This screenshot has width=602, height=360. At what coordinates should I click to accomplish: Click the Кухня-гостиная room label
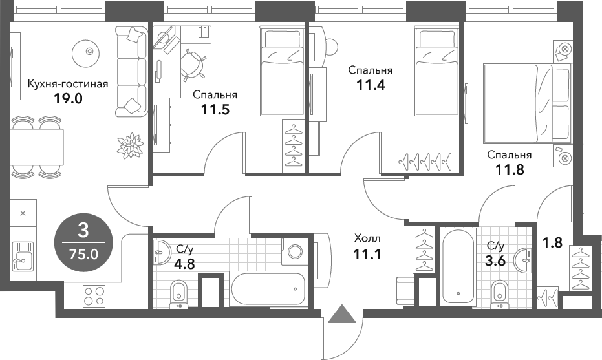click(x=63, y=83)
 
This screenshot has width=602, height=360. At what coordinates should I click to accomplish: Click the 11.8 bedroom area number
click(x=509, y=170)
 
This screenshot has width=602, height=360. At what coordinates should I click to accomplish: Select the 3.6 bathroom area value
click(x=495, y=261)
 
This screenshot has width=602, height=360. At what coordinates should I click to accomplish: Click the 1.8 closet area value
click(x=552, y=243)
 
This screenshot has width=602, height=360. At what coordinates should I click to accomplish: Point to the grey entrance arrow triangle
click(x=342, y=314)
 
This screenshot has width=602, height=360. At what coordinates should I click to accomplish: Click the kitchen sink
click(x=23, y=256)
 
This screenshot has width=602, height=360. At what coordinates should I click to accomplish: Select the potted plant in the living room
click(x=132, y=144)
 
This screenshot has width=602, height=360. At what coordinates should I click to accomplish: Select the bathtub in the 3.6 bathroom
click(x=459, y=266)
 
